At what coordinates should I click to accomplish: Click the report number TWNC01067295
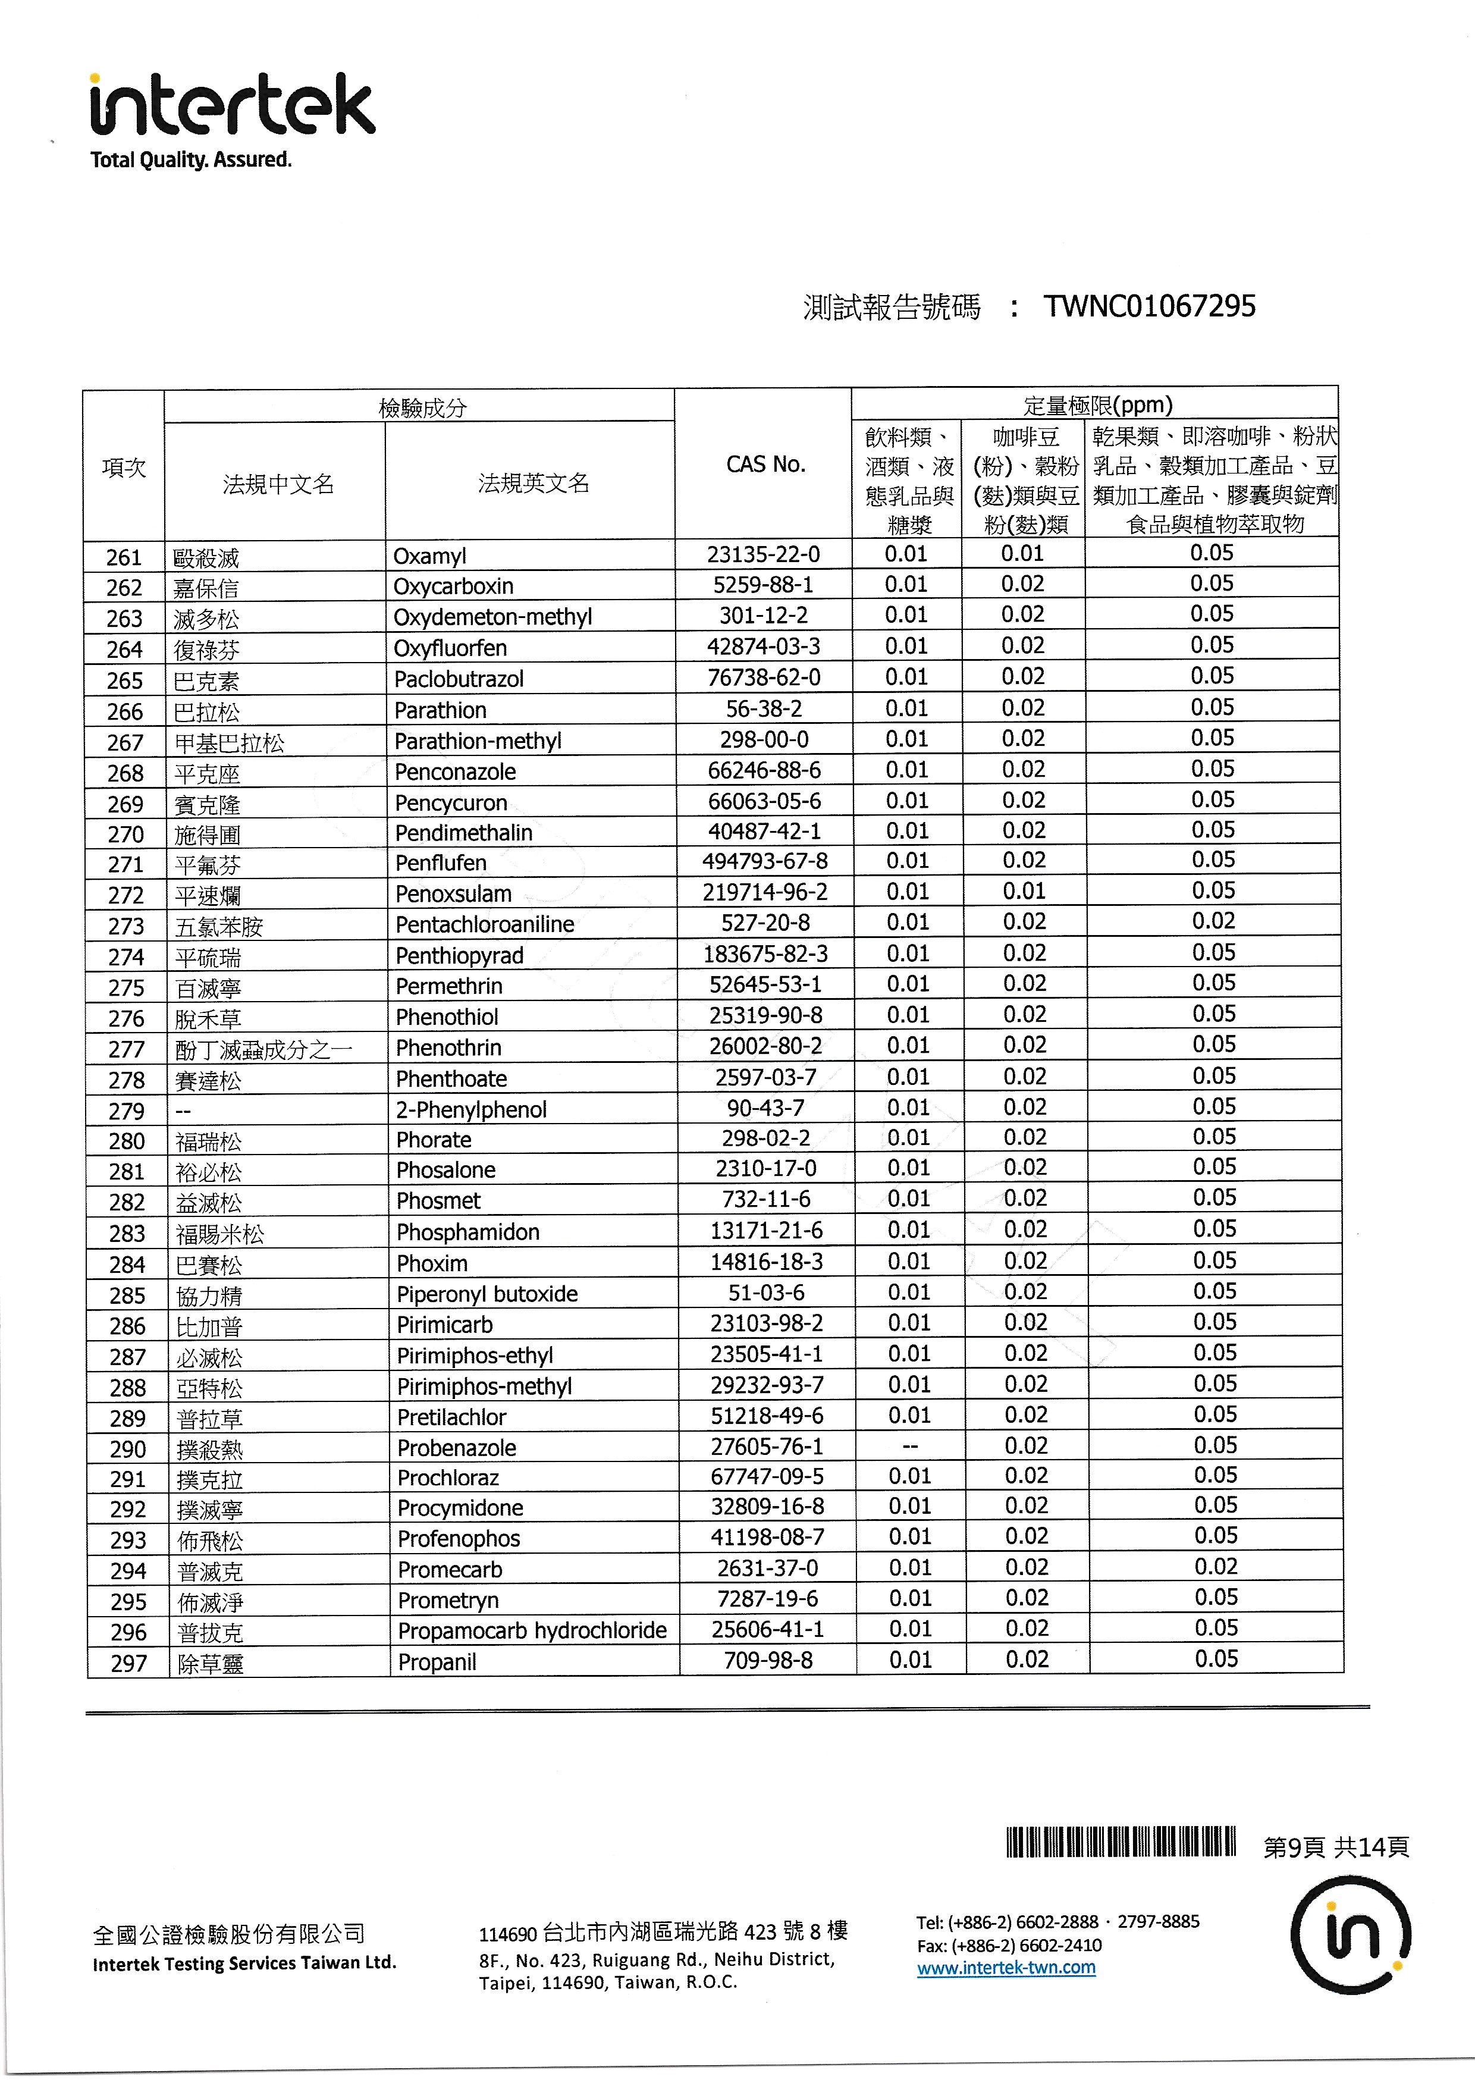click(x=1149, y=307)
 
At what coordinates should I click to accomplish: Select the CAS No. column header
click(x=765, y=465)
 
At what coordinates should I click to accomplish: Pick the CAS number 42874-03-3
click(x=764, y=647)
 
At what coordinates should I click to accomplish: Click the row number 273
click(x=126, y=926)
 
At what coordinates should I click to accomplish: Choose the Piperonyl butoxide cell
click(x=487, y=1294)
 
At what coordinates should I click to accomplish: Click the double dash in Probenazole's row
click(x=910, y=1445)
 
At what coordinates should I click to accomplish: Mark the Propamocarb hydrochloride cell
click(x=532, y=1631)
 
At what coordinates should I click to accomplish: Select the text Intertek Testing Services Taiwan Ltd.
click(x=244, y=1963)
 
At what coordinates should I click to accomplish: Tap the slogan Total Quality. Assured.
click(x=191, y=160)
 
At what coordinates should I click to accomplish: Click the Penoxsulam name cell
click(x=453, y=894)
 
